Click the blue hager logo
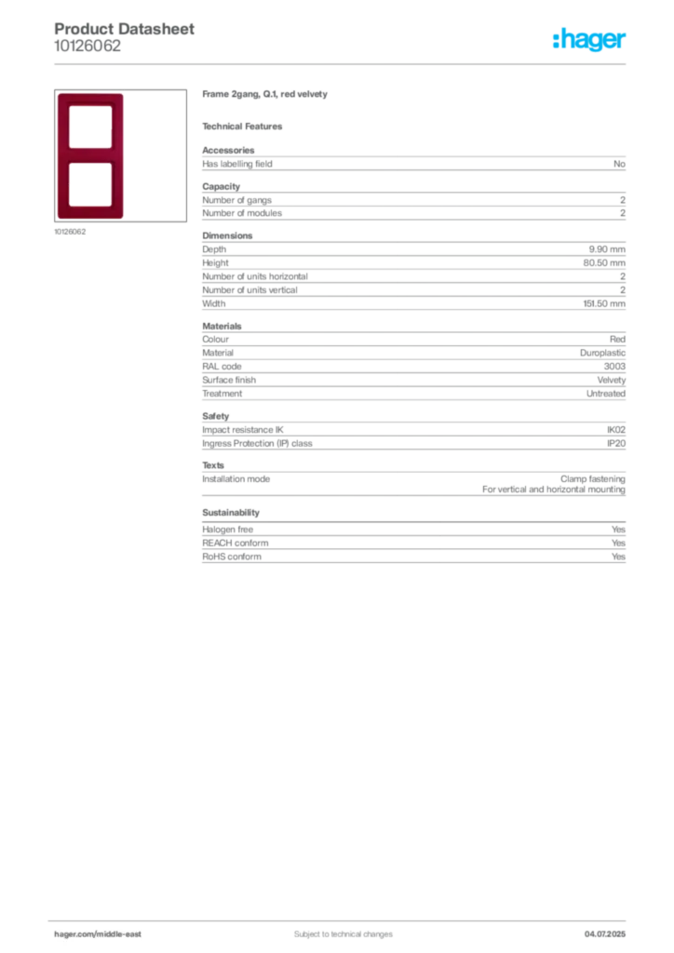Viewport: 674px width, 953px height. [591, 42]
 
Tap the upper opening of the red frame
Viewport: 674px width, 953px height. [89, 125]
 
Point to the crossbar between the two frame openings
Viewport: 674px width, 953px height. [89, 154]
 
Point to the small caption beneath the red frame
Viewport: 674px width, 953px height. [71, 232]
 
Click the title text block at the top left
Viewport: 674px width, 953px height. [126, 37]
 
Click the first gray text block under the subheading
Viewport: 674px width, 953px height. [413, 162]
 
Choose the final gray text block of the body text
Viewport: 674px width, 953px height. [413, 545]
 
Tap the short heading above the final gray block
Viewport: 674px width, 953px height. [230, 513]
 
